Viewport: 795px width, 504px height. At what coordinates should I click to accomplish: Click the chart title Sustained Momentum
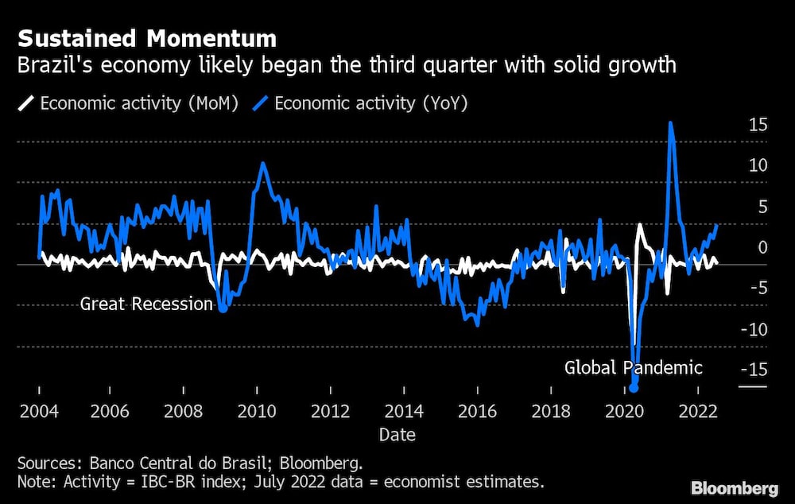147,38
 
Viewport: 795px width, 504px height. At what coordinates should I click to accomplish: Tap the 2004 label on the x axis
39,411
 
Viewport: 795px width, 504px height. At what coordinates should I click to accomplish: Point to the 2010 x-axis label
257,411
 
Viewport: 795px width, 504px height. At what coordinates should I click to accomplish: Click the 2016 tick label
477,411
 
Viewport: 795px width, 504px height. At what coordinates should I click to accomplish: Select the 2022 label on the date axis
698,411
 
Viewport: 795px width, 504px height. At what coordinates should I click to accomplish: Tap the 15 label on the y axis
758,125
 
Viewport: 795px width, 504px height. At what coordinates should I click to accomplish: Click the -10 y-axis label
754,330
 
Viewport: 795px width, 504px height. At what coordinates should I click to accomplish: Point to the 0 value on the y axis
762,247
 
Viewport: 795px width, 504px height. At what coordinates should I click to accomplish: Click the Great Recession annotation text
146,304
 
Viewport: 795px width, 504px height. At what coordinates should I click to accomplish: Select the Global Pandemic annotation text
634,367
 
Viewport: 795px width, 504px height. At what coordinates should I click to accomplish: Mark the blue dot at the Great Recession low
223,307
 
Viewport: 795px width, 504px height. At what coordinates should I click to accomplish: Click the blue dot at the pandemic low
634,388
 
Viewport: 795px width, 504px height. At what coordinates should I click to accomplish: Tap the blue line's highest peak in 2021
671,122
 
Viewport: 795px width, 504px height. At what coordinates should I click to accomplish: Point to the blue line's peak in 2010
262,163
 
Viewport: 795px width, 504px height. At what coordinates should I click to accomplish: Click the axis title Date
397,435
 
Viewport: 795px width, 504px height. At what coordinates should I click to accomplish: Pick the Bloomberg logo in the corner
735,488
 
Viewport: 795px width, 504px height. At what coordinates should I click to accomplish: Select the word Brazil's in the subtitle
55,65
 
